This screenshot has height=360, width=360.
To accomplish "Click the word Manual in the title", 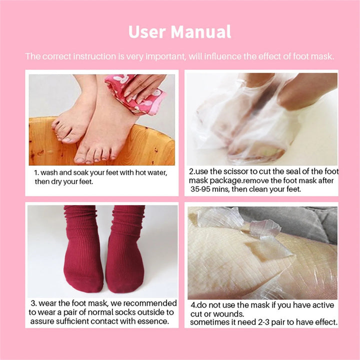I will (x=201, y=31).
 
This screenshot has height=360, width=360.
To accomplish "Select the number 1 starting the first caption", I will (x=36, y=172).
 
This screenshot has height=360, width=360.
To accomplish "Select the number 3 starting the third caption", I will (x=33, y=303).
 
